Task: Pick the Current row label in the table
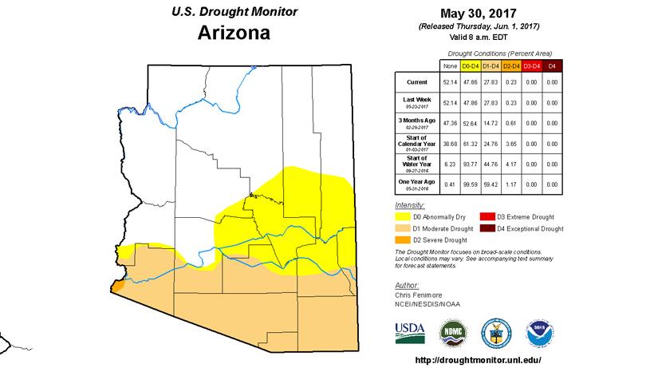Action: coord(416,81)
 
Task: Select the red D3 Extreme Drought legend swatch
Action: coord(486,216)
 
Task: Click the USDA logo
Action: coord(410,330)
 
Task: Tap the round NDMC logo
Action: coord(453,331)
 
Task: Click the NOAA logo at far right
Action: coord(537,331)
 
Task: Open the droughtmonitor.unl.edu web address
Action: coord(479,358)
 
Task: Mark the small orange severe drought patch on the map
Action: coord(119,283)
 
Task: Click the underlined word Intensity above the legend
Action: coord(409,205)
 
